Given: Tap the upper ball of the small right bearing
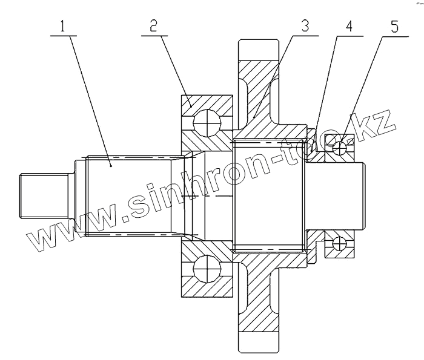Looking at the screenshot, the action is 340,147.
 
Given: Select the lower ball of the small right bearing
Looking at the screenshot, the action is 340,243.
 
